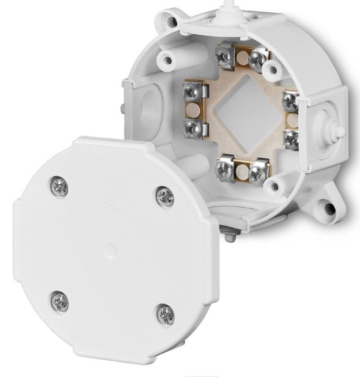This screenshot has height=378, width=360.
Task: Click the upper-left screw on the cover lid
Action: pyautogui.click(x=59, y=187)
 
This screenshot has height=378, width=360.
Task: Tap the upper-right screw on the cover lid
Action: pyautogui.click(x=165, y=196)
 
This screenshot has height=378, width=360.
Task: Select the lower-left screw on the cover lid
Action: pyautogui.click(x=59, y=300)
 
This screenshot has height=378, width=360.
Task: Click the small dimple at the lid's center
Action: pyautogui.click(x=112, y=251)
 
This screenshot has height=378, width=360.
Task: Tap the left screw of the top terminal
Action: pyautogui.click(x=224, y=56)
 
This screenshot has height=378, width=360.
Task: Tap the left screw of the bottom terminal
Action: pyautogui.click(x=226, y=169)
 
